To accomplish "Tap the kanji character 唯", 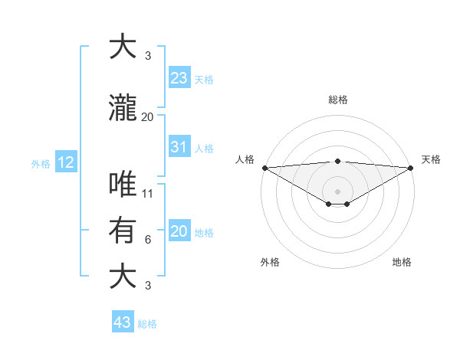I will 125,185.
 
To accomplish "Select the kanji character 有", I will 125,230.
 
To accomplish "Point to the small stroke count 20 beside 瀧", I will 148,117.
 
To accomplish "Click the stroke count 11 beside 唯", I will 148,193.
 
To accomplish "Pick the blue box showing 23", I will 179,77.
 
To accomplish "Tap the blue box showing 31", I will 179,147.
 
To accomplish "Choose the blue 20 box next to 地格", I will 179,231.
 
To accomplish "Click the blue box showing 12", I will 65,162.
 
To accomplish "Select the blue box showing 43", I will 122,322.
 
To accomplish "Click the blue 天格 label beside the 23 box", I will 204,79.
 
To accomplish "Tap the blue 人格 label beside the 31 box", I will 204,149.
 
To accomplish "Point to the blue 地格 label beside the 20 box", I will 204,233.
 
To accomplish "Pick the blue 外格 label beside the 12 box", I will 40,163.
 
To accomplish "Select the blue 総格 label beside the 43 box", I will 147,324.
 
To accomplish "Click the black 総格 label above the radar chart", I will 337,100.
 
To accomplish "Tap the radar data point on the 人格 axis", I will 264,167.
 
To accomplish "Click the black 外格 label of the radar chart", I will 270,262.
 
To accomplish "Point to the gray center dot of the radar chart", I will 337,191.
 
